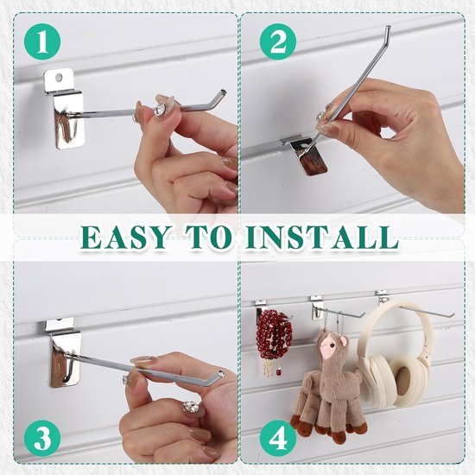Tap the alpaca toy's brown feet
(x=328, y=427)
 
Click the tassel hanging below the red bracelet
(x=270, y=368)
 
